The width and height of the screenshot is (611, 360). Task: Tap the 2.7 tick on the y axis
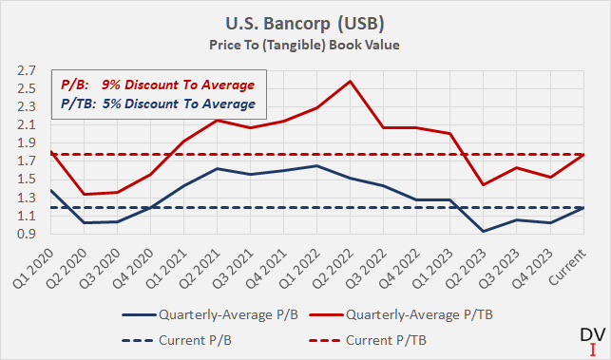(x=26, y=71)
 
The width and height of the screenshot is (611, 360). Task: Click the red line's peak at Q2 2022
(x=352, y=81)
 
